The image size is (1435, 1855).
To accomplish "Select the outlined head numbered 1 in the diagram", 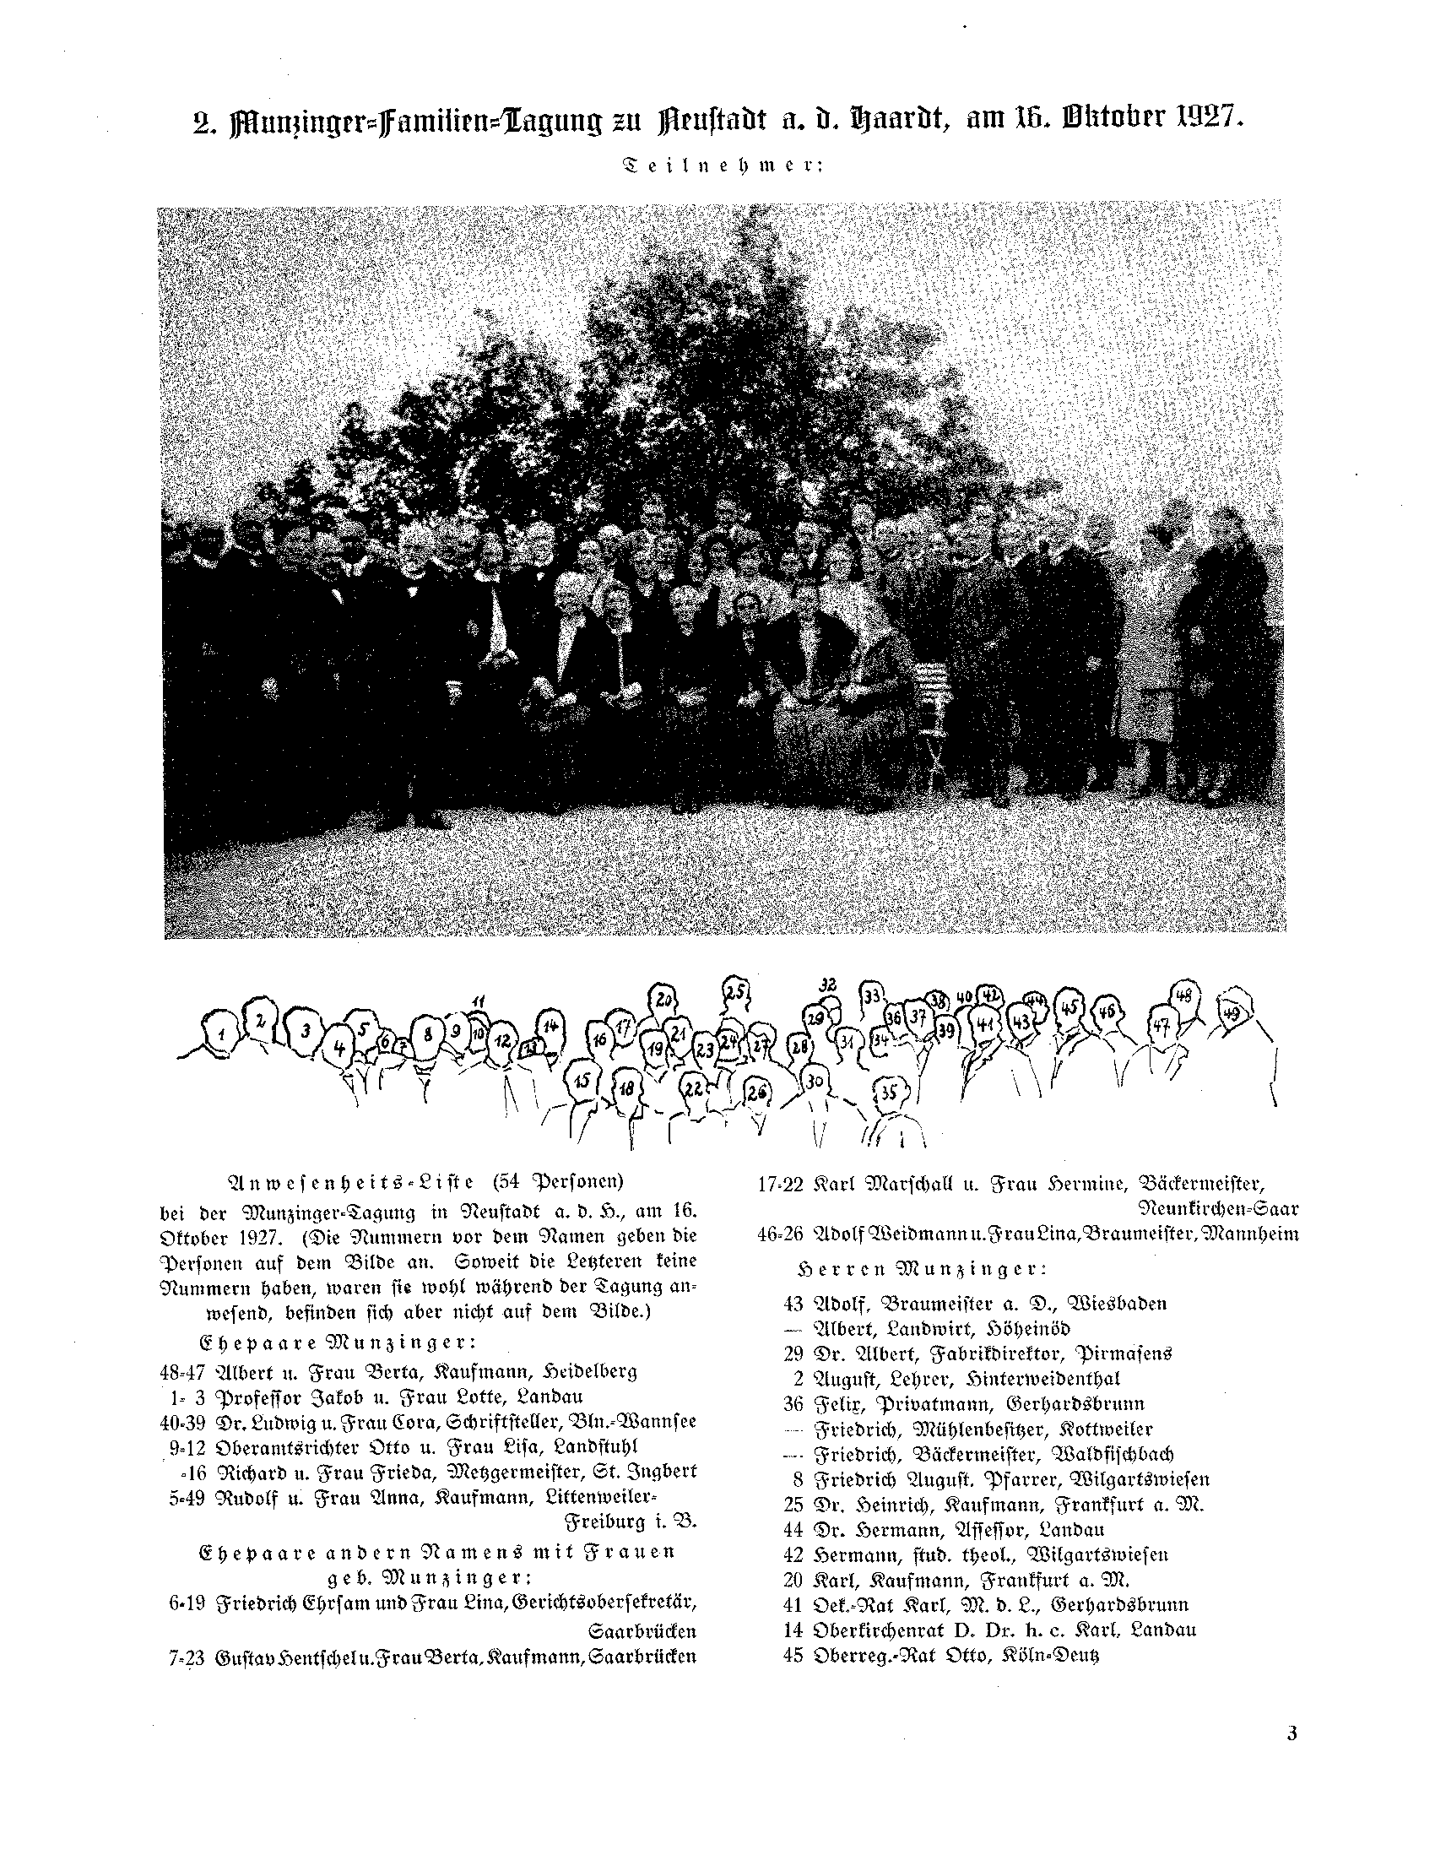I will [x=221, y=1033].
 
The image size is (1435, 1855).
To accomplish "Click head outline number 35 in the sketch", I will [x=888, y=1093].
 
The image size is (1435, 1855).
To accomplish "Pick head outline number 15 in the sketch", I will [x=582, y=1081].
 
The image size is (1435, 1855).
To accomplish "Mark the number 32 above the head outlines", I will [x=828, y=984].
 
